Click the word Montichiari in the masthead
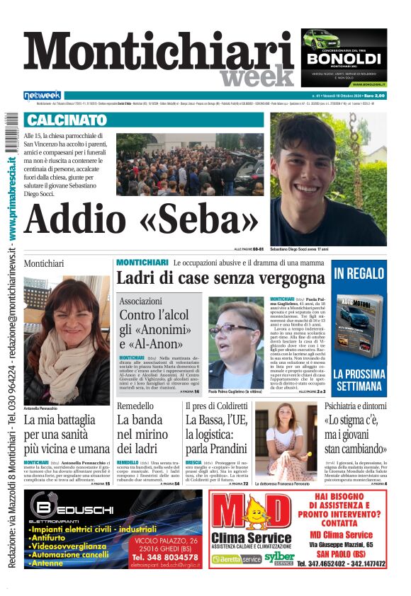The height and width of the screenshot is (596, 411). pos(159,55)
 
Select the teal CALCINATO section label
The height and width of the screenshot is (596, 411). pos(67,120)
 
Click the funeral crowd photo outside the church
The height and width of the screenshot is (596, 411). pos(189,164)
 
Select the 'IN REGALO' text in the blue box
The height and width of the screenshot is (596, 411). pos(359,274)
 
